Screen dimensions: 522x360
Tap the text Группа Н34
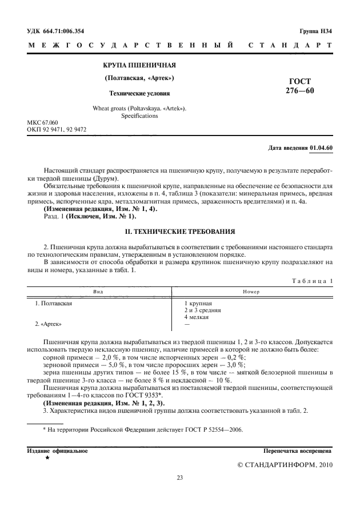(x=315, y=30)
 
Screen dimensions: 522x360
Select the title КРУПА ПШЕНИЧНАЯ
(x=139, y=65)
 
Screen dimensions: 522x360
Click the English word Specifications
(x=139, y=115)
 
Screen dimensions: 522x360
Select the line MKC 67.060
(x=42, y=122)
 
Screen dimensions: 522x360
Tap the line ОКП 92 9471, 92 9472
(x=57, y=130)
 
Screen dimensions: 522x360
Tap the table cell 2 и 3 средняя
(x=202, y=310)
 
